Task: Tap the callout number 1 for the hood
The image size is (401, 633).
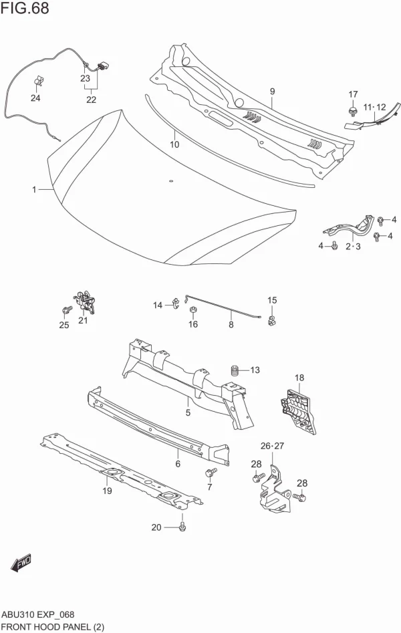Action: [x=34, y=190]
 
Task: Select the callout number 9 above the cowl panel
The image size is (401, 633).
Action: [x=273, y=92]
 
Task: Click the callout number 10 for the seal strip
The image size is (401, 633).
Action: [x=174, y=144]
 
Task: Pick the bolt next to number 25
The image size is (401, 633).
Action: [x=66, y=310]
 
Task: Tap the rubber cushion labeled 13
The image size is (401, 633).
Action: [x=235, y=370]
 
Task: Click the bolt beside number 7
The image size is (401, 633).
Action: [x=209, y=474]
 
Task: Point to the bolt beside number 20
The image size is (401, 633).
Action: [x=181, y=527]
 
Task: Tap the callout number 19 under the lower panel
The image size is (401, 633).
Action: [x=107, y=491]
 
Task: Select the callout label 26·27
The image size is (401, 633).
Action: [x=273, y=446]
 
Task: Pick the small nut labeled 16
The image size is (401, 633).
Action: [x=192, y=311]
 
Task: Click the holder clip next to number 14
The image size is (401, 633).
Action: [x=176, y=305]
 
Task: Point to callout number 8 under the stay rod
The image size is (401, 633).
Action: [x=231, y=326]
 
